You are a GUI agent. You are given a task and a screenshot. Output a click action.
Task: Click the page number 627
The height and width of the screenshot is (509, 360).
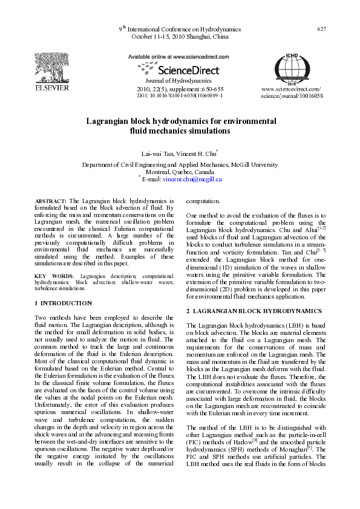click(322, 29)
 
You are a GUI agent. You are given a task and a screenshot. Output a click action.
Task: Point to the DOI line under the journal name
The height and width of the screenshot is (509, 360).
click(180, 96)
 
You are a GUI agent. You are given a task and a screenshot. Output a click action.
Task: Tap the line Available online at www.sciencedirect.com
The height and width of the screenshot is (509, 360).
click(179, 56)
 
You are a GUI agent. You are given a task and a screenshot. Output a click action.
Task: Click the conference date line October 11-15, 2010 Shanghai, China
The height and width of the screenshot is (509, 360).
click(180, 36)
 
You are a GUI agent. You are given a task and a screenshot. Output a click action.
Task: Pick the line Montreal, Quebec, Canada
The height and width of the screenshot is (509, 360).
click(180, 172)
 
